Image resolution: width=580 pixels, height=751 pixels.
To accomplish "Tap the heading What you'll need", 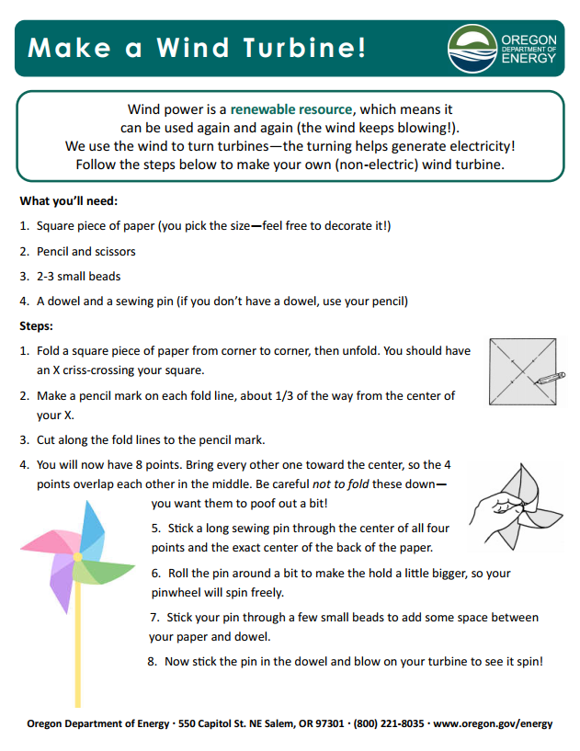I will (x=69, y=200).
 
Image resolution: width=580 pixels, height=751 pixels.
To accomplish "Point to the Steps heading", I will (x=37, y=325).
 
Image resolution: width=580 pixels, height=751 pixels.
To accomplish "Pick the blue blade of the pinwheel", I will (x=92, y=529).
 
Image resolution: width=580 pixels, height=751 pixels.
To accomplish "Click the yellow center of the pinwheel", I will (x=77, y=557).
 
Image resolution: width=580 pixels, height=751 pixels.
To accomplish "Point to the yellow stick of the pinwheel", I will (x=78, y=662).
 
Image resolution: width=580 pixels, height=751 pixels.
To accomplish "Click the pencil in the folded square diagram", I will (x=551, y=377).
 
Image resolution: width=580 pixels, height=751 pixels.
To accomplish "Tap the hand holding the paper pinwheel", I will (x=491, y=508).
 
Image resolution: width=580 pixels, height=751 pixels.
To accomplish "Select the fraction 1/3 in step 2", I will (x=295, y=396).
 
